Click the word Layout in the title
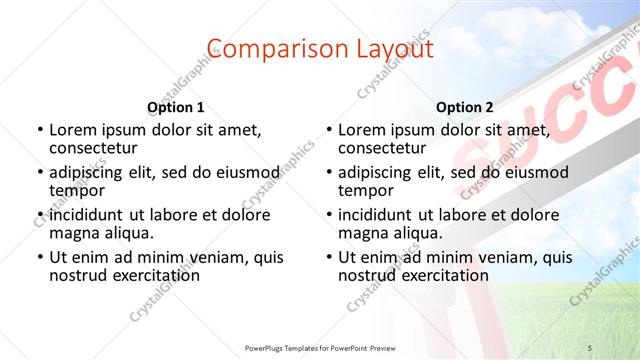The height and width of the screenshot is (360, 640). pos(389,49)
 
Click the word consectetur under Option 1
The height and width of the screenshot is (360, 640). pos(96,149)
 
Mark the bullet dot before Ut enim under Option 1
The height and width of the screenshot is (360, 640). pos(39,257)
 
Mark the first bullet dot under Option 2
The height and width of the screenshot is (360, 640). pos(328,131)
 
